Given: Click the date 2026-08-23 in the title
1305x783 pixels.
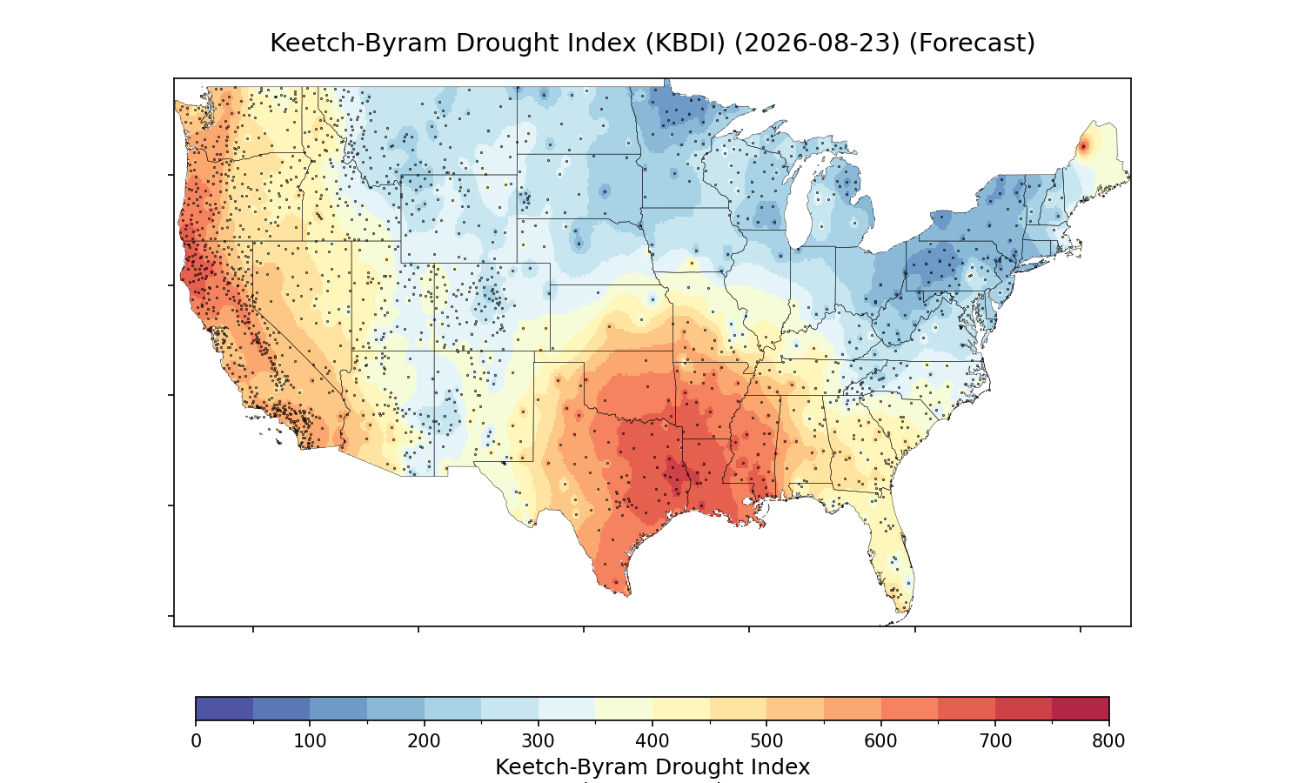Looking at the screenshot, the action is (x=817, y=43).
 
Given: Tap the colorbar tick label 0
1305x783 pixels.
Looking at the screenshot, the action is (x=196, y=741).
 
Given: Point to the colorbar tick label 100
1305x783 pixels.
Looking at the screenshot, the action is (x=310, y=741).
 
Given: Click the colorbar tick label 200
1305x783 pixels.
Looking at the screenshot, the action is (x=425, y=741).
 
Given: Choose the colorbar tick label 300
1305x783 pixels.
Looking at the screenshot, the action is (x=539, y=741).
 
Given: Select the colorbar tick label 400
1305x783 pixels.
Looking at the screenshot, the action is (x=652, y=741).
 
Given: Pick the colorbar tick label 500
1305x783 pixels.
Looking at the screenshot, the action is (x=766, y=741).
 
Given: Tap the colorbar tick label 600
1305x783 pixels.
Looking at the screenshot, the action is (x=880, y=741).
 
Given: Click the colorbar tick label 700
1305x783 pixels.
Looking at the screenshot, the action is (x=995, y=741).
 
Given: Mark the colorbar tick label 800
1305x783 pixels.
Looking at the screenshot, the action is (x=1108, y=741).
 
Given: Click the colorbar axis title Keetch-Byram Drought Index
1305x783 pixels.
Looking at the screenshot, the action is (x=652, y=767).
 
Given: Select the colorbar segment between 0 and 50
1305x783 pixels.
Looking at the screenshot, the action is (x=224, y=708).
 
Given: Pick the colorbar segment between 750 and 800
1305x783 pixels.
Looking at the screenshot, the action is (x=1081, y=708).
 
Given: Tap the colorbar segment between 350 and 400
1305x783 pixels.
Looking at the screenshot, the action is (x=624, y=708).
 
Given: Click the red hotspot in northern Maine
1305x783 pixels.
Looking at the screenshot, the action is (x=1084, y=147).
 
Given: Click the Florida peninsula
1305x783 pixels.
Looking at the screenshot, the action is (x=892, y=553).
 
